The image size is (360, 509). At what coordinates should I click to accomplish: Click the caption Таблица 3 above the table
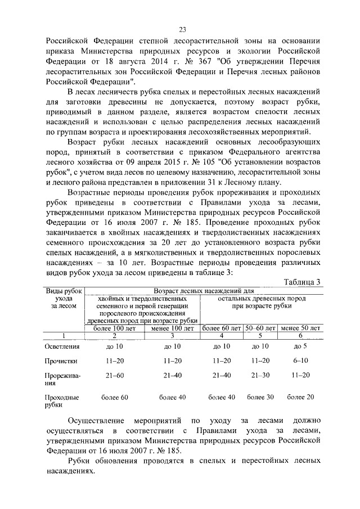302,282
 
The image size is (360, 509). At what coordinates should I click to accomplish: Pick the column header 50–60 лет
260,327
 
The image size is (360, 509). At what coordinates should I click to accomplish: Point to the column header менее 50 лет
300,327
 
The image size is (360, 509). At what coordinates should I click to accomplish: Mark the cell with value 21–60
114,375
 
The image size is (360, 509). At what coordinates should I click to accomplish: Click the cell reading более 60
114,398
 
